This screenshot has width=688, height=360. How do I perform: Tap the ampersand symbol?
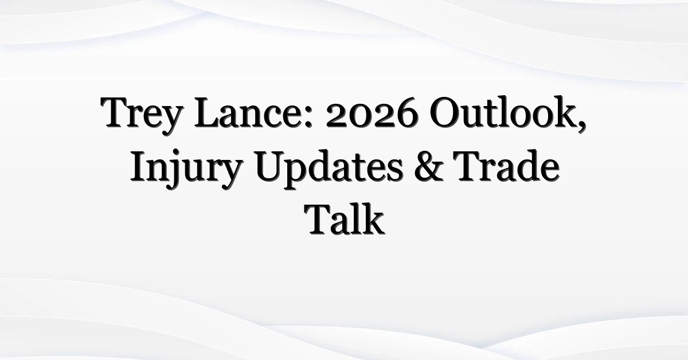[x=429, y=167]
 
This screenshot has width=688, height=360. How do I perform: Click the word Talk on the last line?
[x=344, y=220]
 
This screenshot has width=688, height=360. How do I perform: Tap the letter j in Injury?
[x=174, y=170]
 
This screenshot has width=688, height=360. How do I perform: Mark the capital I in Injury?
[x=139, y=166]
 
